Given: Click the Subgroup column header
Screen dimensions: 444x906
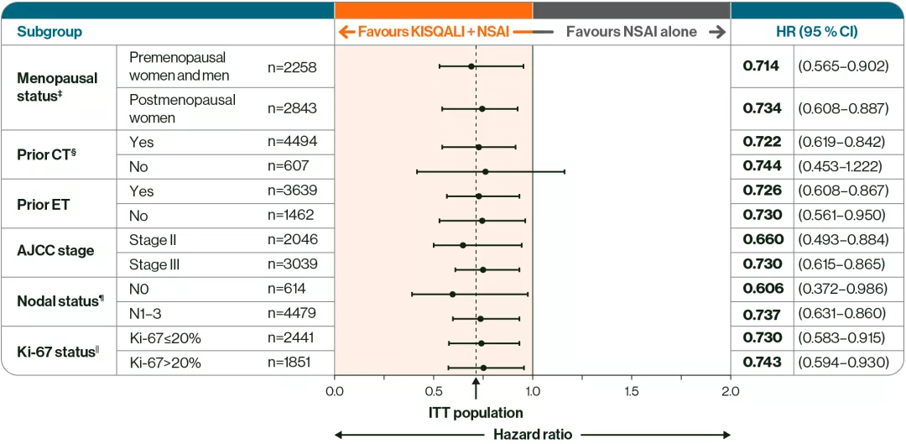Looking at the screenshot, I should pyautogui.click(x=50, y=32).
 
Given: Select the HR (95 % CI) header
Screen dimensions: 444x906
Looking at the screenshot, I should pyautogui.click(x=818, y=32).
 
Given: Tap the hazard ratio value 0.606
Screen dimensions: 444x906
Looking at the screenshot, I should pyautogui.click(x=763, y=289).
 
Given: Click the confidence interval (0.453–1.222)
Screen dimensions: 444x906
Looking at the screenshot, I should pyautogui.click(x=842, y=167).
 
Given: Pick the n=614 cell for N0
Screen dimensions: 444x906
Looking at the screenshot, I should pyautogui.click(x=287, y=289).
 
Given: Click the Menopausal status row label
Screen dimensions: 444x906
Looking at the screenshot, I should pyautogui.click(x=57, y=85).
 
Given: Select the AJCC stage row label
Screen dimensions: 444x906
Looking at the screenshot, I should pyautogui.click(x=55, y=250).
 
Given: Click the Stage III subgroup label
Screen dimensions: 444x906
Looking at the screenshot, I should pyautogui.click(x=154, y=266).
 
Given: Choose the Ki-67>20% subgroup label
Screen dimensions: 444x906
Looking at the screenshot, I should pyautogui.click(x=165, y=363).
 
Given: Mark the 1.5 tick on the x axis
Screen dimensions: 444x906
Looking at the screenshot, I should pyautogui.click(x=632, y=391).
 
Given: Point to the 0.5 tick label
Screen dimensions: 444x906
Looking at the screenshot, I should pyautogui.click(x=434, y=391).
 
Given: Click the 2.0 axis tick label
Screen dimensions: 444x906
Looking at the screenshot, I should pyautogui.click(x=731, y=391).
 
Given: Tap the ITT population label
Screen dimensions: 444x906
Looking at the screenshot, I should pyautogui.click(x=476, y=413).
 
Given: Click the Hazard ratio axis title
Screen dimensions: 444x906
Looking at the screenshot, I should pyautogui.click(x=533, y=434).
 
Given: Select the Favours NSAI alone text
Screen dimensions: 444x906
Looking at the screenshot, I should pyautogui.click(x=631, y=32).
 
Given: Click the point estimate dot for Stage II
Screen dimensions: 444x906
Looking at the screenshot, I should pyautogui.click(x=463, y=245).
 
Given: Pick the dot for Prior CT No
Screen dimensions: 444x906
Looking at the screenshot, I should pyautogui.click(x=485, y=171).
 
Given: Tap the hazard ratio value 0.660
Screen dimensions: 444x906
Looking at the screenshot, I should pyautogui.click(x=763, y=240).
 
